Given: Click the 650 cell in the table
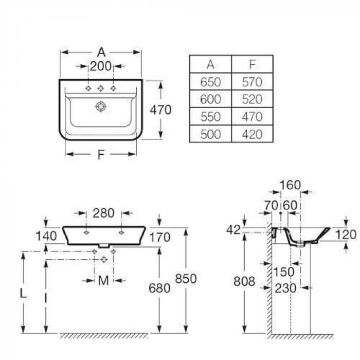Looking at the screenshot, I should (x=211, y=82).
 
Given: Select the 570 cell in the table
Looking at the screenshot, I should (x=252, y=82).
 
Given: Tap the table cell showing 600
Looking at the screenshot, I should (x=211, y=99).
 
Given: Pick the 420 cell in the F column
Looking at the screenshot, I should (x=252, y=134).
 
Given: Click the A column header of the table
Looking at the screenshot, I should (x=211, y=64).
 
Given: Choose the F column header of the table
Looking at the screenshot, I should (x=252, y=64).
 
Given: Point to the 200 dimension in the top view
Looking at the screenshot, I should (x=101, y=66).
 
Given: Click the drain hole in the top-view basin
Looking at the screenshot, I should (x=101, y=107).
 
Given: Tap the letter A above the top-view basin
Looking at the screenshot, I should (x=101, y=52).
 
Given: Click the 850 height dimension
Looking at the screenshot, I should (x=186, y=278).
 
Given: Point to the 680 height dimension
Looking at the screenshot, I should (x=159, y=288).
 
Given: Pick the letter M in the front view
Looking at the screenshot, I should (x=104, y=280).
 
